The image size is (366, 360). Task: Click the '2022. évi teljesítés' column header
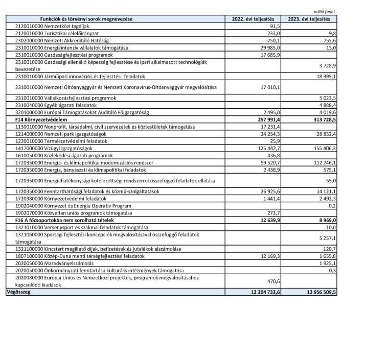(254, 19)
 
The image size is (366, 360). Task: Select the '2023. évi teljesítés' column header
(309, 19)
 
